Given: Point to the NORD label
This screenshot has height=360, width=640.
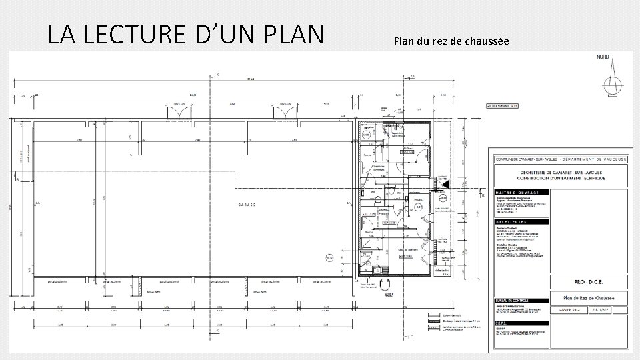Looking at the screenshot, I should tap(604, 57).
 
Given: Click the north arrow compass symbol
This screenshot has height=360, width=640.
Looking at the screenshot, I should tap(609, 83).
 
